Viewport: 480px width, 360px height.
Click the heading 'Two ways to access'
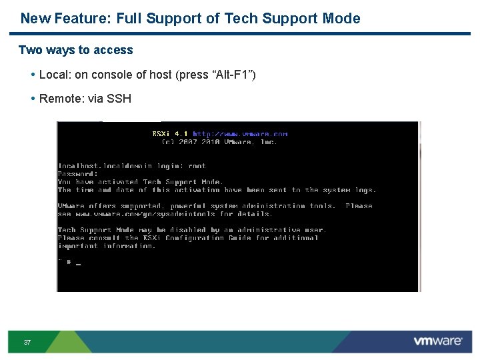(76, 50)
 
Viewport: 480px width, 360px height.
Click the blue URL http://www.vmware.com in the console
(240, 133)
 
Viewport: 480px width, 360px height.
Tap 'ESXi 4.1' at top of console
(170, 133)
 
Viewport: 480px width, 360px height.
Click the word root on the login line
(197, 166)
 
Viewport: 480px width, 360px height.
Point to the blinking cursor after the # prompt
(79, 263)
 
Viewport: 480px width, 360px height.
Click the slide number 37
(27, 343)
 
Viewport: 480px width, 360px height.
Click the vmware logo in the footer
(437, 341)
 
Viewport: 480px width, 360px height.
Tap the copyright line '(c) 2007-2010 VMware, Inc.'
(219, 141)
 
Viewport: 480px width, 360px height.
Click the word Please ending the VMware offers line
(359, 206)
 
